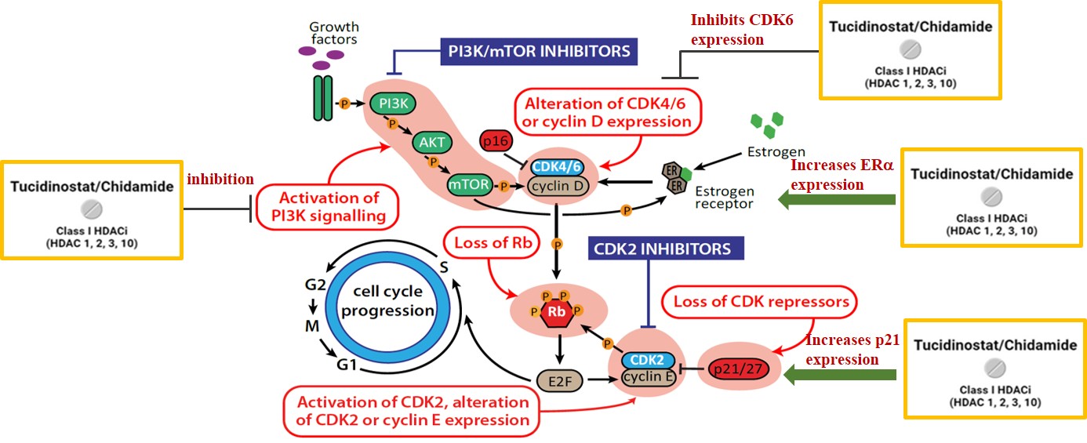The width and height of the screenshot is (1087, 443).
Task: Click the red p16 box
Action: coord(496,141)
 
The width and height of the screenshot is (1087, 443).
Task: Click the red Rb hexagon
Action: coord(555,310)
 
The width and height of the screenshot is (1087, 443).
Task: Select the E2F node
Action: coord(555,382)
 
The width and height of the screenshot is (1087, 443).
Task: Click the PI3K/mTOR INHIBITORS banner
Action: coord(538,52)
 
